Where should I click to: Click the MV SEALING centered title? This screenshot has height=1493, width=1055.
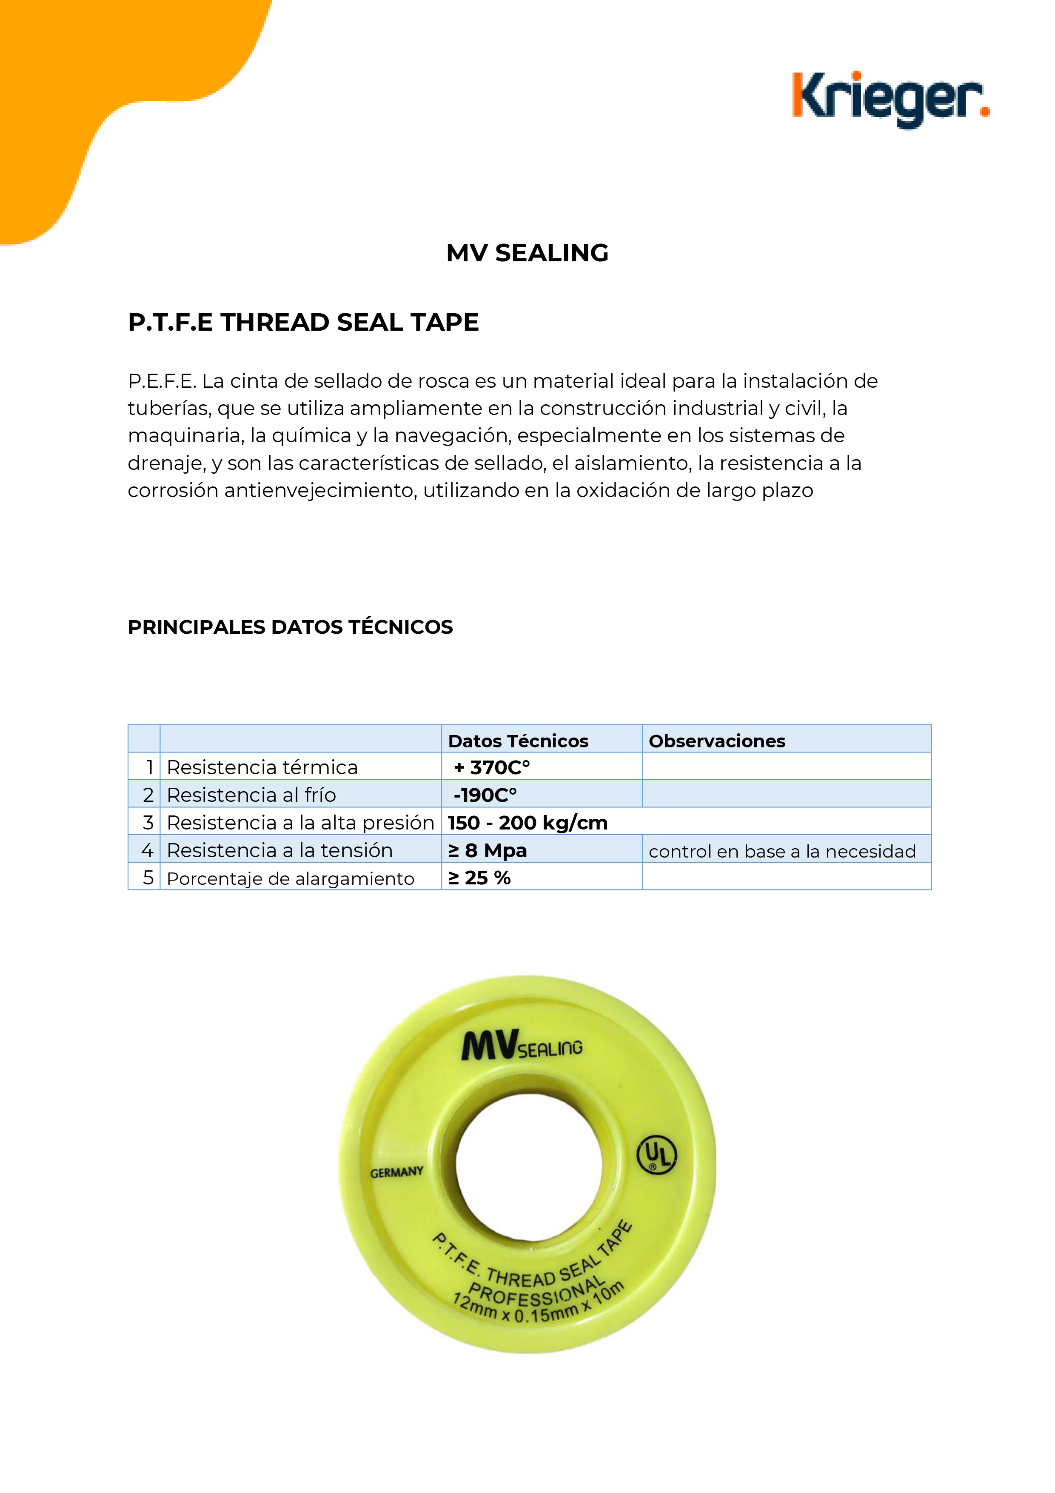[527, 253]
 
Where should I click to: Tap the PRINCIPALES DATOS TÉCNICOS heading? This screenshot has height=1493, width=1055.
[290, 627]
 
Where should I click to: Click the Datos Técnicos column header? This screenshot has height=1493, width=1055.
[518, 741]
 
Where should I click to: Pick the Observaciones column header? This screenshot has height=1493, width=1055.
[716, 741]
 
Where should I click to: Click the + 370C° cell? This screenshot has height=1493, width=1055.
[492, 767]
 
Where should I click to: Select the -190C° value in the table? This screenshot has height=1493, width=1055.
[485, 795]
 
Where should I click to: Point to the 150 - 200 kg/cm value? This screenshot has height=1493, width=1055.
[527, 823]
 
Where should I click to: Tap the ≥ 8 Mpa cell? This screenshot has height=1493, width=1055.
[488, 850]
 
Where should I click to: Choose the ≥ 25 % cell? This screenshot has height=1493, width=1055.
[480, 878]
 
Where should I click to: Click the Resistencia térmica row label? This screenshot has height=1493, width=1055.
[262, 767]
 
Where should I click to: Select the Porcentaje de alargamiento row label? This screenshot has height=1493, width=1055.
[290, 878]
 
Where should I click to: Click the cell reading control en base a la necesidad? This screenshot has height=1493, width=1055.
[782, 851]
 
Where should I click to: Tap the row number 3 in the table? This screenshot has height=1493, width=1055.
[148, 823]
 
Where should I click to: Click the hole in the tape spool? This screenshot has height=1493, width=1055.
[528, 1164]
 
